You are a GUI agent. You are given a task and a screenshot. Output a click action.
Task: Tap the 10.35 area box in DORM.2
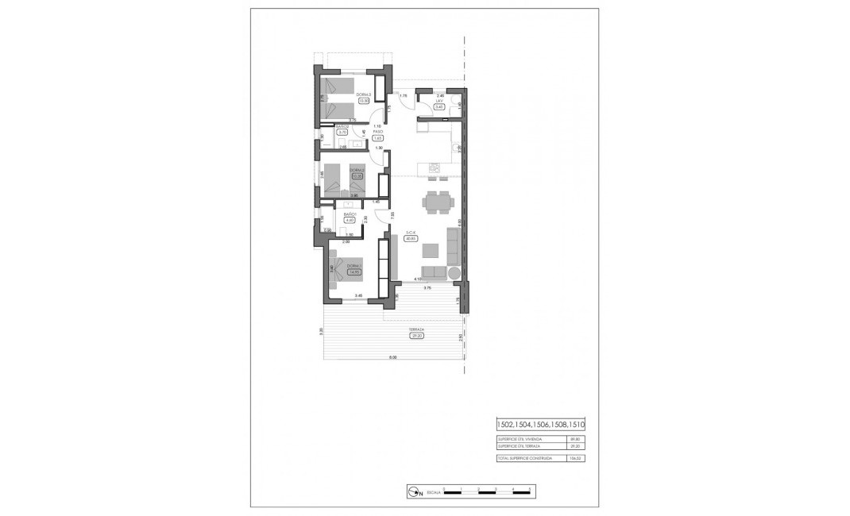tap(357, 175)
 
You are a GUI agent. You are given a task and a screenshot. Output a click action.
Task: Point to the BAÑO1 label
tap(350, 214)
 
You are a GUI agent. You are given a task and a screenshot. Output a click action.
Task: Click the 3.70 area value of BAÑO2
tap(342, 133)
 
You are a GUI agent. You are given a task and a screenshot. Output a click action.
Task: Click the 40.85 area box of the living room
tap(411, 238)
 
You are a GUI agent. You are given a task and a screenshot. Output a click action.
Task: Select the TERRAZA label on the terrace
tap(415, 329)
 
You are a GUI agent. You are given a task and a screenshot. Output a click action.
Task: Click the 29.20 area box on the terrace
tap(415, 336)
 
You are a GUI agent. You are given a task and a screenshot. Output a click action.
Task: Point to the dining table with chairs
tap(435, 202)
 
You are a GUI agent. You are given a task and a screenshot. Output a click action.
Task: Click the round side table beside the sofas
tap(454, 273)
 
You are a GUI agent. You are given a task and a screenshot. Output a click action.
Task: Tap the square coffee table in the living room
tap(429, 251)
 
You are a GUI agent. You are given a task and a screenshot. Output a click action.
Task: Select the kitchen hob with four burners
tap(435, 168)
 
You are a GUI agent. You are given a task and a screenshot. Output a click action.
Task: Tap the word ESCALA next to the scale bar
tap(434, 493)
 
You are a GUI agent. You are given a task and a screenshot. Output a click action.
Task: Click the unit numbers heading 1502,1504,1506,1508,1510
tap(539, 425)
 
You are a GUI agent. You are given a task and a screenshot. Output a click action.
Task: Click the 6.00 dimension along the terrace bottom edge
tap(392, 357)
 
